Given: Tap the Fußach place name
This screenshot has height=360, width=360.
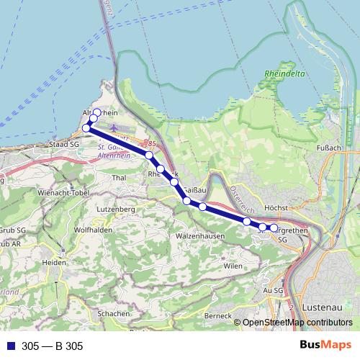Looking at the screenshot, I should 328,148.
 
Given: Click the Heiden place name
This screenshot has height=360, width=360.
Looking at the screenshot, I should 55,263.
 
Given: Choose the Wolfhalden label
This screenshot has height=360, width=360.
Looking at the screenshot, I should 90,230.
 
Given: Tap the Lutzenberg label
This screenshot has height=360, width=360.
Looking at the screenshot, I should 116,209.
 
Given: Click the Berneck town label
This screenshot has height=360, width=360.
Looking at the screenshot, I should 217,315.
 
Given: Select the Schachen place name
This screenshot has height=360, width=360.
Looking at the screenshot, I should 114,314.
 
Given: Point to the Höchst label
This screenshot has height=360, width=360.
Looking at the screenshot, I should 276,207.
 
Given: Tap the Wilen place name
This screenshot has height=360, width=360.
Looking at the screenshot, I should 233,266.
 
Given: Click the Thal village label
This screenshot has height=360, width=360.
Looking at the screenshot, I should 120,176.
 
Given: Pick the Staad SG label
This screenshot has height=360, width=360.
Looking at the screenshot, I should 64,145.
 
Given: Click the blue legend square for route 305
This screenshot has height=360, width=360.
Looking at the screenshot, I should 9,346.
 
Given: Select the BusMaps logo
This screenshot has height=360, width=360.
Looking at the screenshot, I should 325,346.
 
